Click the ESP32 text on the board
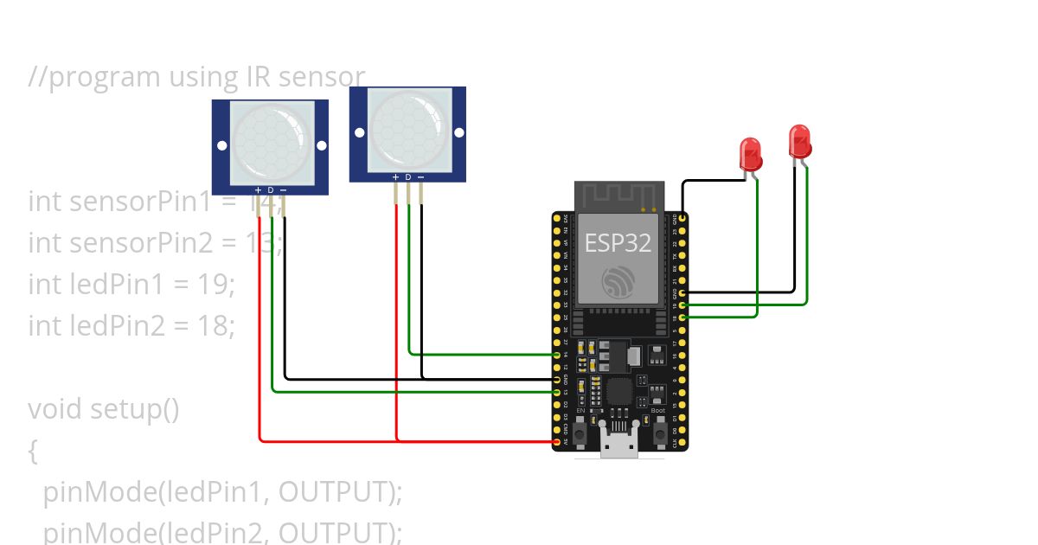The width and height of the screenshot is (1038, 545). [x=618, y=242]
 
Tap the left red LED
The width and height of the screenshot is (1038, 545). [x=750, y=154]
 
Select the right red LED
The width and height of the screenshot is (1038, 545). [x=799, y=141]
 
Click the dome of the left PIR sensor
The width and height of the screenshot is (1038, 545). [x=270, y=140]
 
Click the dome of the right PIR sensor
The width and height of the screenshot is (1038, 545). [x=407, y=128]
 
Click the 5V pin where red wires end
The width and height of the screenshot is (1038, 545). [x=556, y=442]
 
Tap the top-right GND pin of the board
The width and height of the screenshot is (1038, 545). [x=683, y=219]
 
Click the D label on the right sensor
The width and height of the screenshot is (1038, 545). [x=408, y=177]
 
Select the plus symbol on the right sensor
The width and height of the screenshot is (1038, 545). [x=395, y=177]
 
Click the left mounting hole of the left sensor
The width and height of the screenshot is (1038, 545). [x=222, y=145]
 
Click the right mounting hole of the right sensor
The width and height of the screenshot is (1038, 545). [x=458, y=132]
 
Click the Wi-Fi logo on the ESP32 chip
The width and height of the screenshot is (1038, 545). [x=618, y=282]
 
